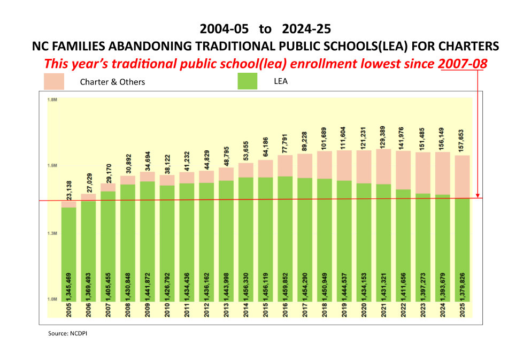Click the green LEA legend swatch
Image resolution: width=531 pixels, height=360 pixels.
click(247, 81)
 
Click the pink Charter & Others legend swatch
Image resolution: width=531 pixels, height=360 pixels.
click(53, 82)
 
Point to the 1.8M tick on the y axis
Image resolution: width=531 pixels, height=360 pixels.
click(52, 99)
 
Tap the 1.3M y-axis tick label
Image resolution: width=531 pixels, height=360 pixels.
click(52, 234)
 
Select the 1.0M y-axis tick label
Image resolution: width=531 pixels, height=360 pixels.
click(52, 300)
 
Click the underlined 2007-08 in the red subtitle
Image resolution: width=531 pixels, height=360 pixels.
click(463, 64)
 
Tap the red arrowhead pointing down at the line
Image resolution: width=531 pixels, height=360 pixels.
click(477, 196)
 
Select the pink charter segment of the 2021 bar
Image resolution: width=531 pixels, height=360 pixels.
click(383, 166)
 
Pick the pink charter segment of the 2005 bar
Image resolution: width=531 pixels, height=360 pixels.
click(68, 204)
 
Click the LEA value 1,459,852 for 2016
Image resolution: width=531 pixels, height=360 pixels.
click(285, 279)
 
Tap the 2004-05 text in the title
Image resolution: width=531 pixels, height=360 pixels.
click(224, 28)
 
